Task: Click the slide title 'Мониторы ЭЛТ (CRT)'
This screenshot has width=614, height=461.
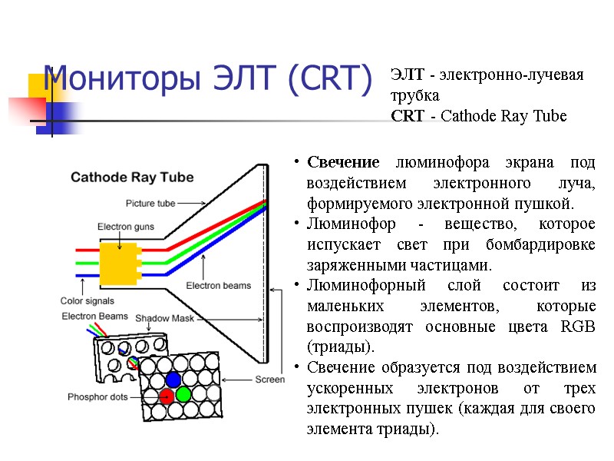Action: [207, 78]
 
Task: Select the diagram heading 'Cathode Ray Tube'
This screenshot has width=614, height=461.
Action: [132, 177]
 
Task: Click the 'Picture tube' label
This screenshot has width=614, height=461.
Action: [150, 204]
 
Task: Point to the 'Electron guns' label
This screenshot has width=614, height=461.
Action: [124, 227]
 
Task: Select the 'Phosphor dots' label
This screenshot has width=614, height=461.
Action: [98, 397]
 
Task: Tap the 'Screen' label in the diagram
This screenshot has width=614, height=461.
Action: [269, 380]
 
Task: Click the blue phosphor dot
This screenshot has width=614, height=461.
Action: [173, 379]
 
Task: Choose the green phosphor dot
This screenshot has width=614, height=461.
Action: [183, 395]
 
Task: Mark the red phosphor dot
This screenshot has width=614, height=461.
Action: [166, 396]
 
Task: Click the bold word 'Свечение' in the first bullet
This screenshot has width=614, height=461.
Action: [343, 163]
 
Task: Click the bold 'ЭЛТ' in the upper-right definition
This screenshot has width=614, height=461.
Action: [408, 75]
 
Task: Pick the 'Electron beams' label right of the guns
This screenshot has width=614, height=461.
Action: [219, 286]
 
